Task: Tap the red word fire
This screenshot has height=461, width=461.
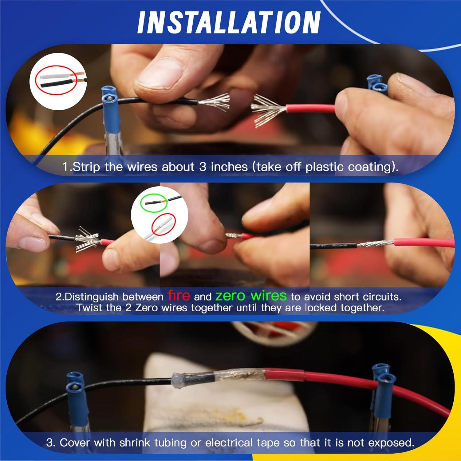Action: [x=179, y=295]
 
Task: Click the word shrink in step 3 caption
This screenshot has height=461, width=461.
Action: [x=135, y=443]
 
